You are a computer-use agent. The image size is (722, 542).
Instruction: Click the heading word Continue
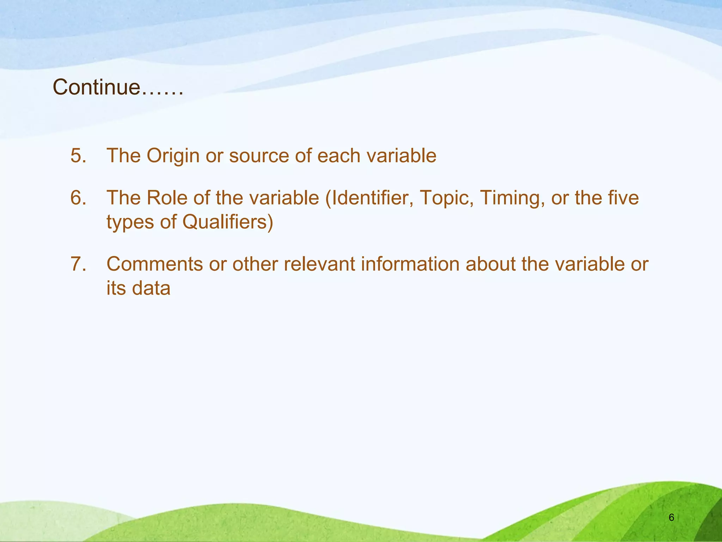(x=96, y=87)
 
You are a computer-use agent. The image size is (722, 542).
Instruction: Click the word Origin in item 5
(x=173, y=156)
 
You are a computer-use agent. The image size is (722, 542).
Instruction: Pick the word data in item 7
(x=151, y=288)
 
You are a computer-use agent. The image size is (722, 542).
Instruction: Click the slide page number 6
(x=671, y=518)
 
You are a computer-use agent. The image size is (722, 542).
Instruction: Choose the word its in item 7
(x=116, y=288)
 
